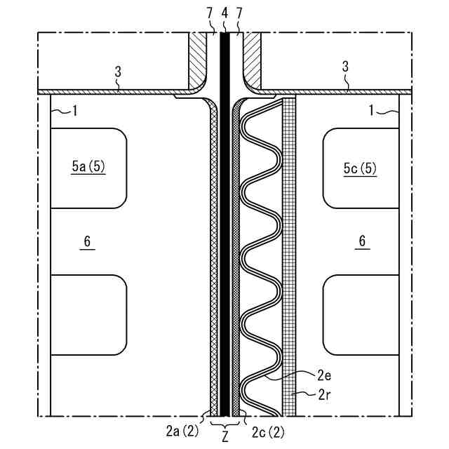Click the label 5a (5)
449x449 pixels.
pyautogui.click(x=88, y=166)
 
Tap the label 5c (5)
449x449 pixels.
pyautogui.click(x=360, y=168)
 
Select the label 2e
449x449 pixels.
pyautogui.click(x=324, y=375)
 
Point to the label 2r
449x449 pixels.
pyautogui.click(x=324, y=395)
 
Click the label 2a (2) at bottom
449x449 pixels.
pyautogui.click(x=182, y=431)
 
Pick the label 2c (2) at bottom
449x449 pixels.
pyautogui.click(x=268, y=432)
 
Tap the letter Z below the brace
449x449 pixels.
pyautogui.click(x=225, y=436)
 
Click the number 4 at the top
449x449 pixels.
pyautogui.click(x=225, y=13)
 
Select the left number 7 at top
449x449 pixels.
pyautogui.click(x=210, y=13)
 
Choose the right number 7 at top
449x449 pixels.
pyautogui.click(x=239, y=13)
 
